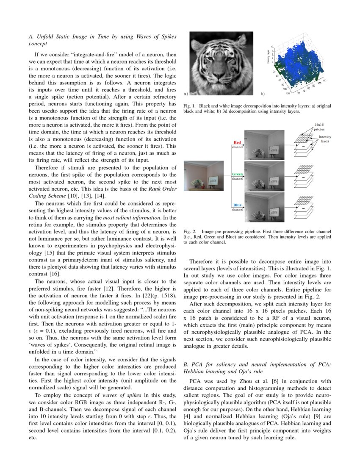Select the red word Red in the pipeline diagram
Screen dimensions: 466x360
(237, 143)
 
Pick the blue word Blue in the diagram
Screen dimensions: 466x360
(237, 205)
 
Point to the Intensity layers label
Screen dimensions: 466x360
(325, 139)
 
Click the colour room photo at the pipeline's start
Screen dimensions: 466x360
(204, 175)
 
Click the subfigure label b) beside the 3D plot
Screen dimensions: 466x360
(262, 92)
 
